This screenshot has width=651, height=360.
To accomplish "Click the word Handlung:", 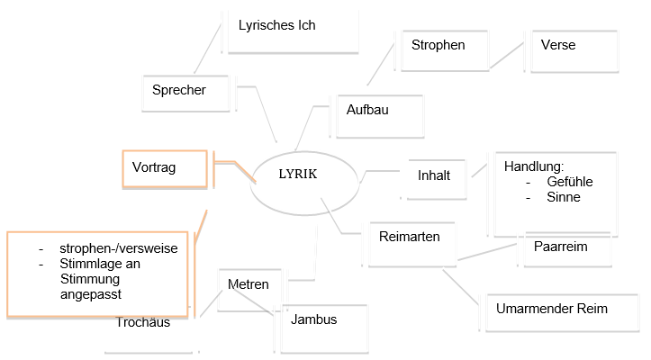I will coord(533,167).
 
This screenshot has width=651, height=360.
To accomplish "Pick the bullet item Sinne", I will coord(563,197).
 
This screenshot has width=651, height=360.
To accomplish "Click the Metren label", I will coord(248,284).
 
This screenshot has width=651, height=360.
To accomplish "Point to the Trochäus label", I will coord(143,323).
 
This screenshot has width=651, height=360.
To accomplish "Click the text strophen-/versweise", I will coord(119,249).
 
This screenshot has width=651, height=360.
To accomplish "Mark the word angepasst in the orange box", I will coord(91,294).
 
